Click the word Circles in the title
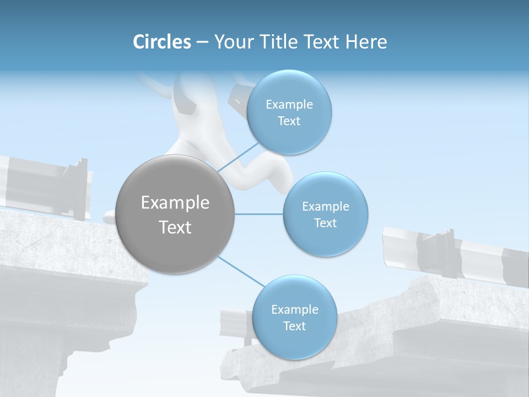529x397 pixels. coord(162,42)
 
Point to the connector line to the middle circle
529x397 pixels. coord(259,214)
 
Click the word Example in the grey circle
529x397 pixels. coord(175,203)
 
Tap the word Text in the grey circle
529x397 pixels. coord(175,227)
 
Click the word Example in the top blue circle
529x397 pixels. coord(289,105)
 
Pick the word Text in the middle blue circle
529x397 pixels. coord(325,223)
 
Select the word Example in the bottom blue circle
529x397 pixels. coord(295,310)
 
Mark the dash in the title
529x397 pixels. coord(202,42)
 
